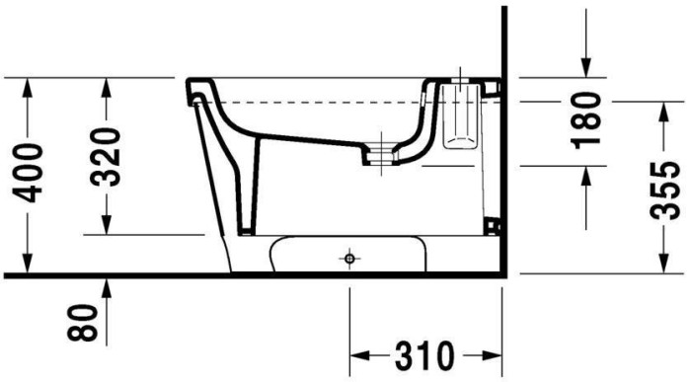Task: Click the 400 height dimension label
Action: (x=29, y=173)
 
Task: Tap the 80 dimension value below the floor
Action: (x=89, y=322)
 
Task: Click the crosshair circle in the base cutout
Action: (x=347, y=259)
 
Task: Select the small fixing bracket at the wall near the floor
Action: (x=493, y=229)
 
